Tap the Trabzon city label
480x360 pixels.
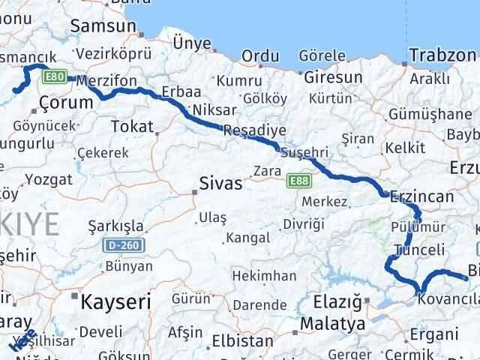tap(443, 55)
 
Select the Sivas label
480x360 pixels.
tap(220, 183)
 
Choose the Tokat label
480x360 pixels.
tap(132, 126)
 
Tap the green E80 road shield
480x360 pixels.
tap(54, 76)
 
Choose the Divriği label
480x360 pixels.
tap(304, 224)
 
